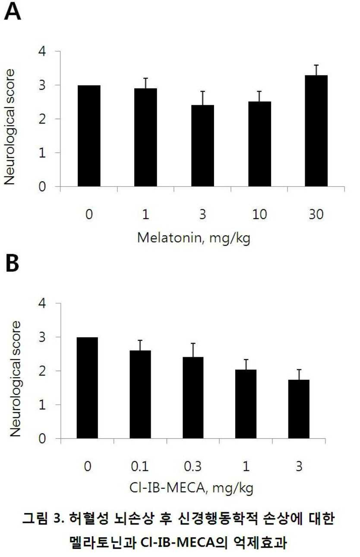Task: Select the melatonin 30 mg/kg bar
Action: click(x=316, y=131)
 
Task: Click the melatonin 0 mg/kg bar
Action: click(x=89, y=136)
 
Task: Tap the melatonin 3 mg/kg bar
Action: click(x=202, y=146)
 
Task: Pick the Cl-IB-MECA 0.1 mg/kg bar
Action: click(x=140, y=394)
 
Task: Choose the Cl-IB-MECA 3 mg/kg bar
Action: click(x=299, y=409)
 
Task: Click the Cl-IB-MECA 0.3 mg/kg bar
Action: click(x=193, y=397)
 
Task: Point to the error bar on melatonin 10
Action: click(x=259, y=97)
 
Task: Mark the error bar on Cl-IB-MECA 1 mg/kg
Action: click(x=246, y=365)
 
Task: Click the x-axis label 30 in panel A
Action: click(x=316, y=214)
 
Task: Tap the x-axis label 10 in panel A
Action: click(x=259, y=214)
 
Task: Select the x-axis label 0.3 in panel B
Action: click(x=193, y=466)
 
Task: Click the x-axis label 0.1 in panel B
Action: click(x=140, y=466)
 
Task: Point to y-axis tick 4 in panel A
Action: click(x=42, y=52)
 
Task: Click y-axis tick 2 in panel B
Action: click(x=42, y=371)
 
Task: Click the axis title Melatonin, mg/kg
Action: click(x=194, y=238)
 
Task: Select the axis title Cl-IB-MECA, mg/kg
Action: click(x=192, y=488)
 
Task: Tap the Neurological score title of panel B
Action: click(x=16, y=379)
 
